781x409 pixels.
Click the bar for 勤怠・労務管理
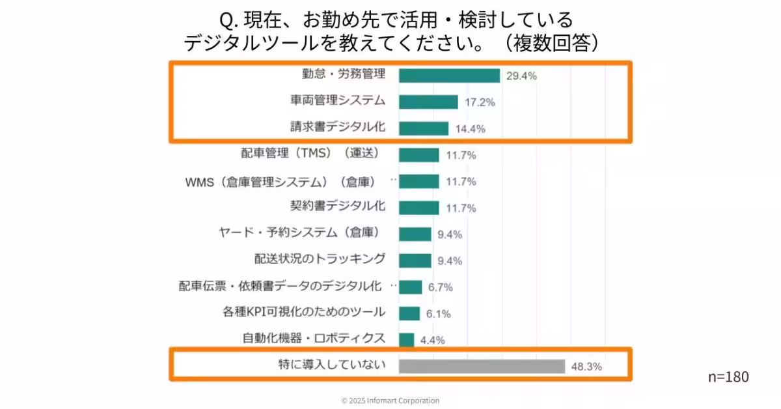(x=449, y=76)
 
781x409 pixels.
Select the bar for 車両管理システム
(x=428, y=102)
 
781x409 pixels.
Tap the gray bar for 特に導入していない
(x=482, y=366)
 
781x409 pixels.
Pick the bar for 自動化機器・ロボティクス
(x=406, y=340)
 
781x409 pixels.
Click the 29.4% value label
(x=522, y=76)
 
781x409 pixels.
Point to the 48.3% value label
(x=586, y=367)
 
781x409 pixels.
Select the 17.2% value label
(x=480, y=103)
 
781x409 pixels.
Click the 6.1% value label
(x=439, y=314)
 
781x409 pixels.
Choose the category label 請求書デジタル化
(x=338, y=126)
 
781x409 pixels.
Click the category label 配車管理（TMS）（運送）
(x=310, y=153)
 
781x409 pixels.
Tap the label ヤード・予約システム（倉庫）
(x=299, y=233)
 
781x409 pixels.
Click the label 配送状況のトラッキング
(x=320, y=259)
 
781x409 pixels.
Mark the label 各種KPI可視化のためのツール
(x=303, y=312)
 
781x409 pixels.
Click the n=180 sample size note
(x=728, y=377)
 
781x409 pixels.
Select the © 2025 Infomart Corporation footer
(x=390, y=401)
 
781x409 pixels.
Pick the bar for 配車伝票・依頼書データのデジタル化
(x=410, y=287)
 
